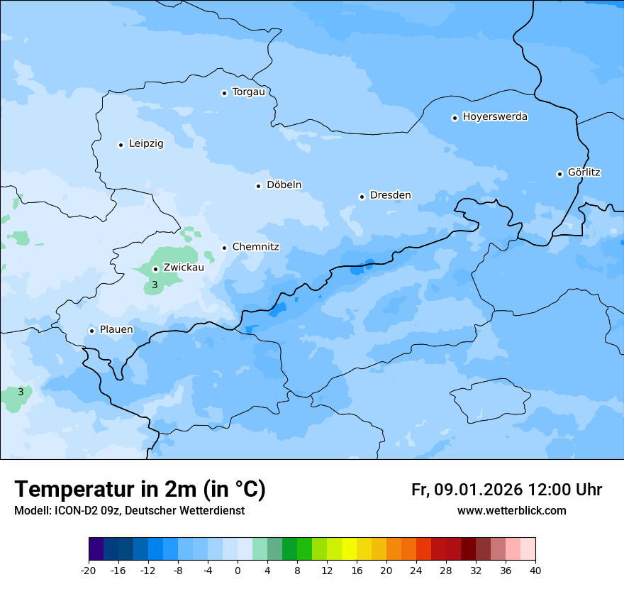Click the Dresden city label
point(390,195)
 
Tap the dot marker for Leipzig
point(121,145)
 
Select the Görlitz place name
point(584,172)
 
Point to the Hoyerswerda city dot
point(455,118)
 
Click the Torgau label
point(248,92)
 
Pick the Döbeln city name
point(284,185)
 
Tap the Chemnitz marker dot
point(224,248)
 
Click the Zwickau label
point(184,268)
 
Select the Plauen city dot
point(91,331)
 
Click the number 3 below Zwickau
point(155,285)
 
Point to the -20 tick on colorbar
point(89,570)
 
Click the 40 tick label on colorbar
point(535,570)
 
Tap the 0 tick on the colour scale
point(238,570)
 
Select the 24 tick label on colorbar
point(416,570)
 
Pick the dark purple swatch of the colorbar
point(96,549)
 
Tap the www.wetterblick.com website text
point(511,511)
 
